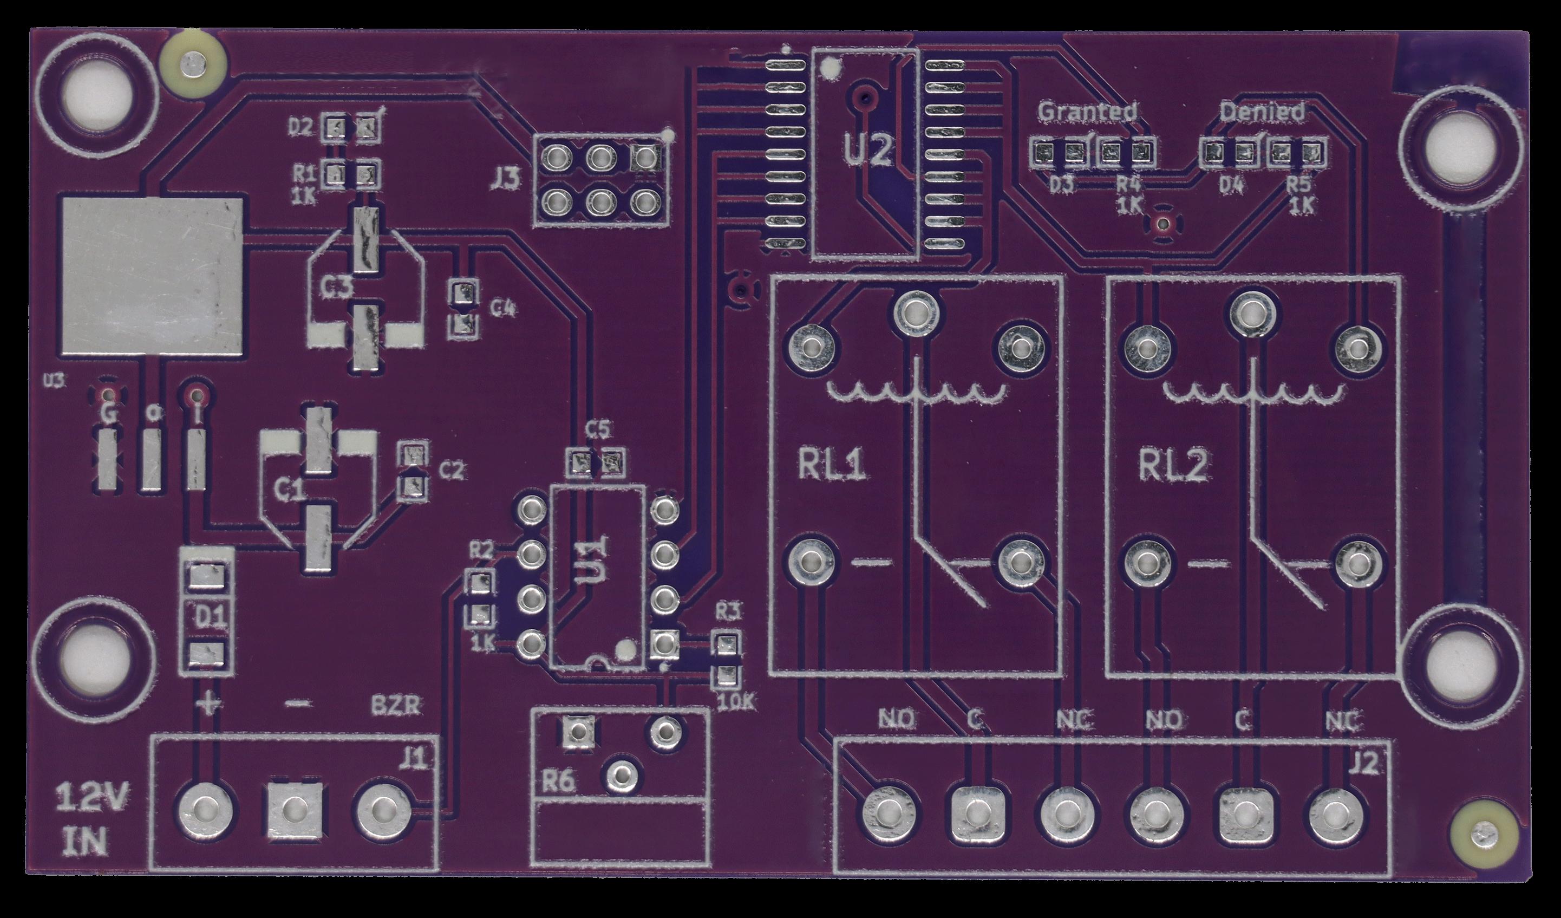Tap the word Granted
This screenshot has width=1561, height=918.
click(x=1087, y=112)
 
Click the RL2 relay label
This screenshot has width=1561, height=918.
click(x=1173, y=466)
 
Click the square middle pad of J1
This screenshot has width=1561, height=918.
click(x=294, y=811)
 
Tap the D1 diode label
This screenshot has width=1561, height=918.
click(x=210, y=616)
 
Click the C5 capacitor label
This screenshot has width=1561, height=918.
click(x=598, y=428)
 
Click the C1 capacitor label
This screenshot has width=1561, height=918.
click(x=289, y=491)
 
